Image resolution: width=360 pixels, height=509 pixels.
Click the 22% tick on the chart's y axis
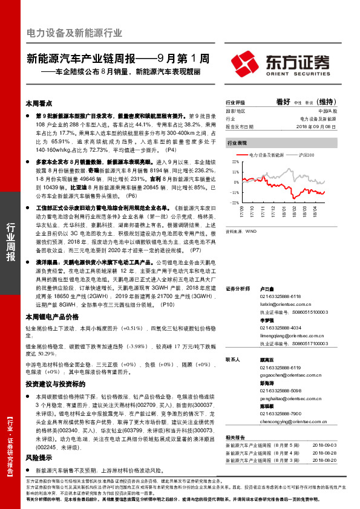pos(235,163)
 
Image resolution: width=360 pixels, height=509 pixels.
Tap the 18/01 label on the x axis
pos(284,212)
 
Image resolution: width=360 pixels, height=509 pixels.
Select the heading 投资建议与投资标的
pos(51,383)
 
